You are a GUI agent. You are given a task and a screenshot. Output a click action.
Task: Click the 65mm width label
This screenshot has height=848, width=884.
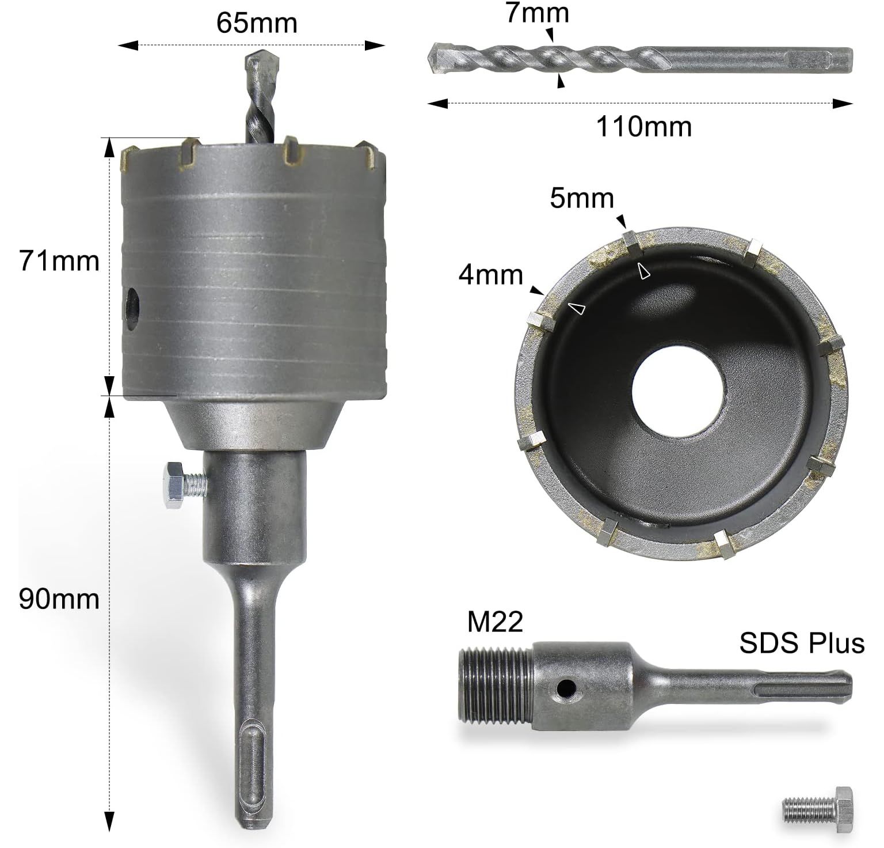tap(257, 24)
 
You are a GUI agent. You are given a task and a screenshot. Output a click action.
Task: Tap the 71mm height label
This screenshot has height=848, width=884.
tap(59, 261)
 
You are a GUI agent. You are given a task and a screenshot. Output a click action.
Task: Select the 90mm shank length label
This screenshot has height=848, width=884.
tap(59, 599)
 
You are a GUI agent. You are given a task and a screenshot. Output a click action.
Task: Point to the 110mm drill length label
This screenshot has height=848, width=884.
tap(643, 127)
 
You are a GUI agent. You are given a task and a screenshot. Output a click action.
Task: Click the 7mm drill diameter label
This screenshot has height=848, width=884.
tap(538, 13)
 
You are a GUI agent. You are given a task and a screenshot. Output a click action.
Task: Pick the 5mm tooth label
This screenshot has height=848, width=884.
tap(582, 198)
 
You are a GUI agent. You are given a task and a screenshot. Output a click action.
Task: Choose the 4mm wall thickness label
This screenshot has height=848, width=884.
tap(491, 275)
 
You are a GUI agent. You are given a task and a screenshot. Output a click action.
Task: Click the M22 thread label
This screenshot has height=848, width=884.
tap(495, 623)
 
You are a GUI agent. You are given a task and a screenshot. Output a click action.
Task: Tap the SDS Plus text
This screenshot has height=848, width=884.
tap(802, 643)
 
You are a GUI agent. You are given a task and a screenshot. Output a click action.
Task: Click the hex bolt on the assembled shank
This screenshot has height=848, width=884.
tap(182, 485)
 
